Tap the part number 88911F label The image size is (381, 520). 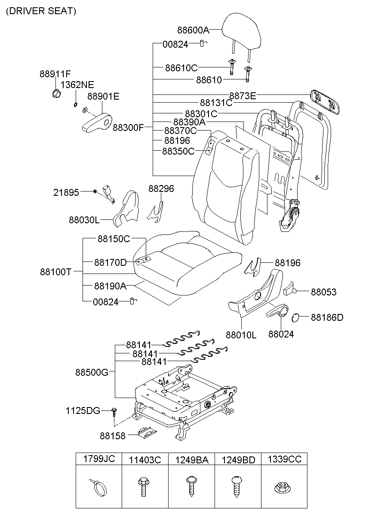coord(55,74)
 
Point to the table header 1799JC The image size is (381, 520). coord(98,459)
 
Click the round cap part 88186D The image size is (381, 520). coord(296,318)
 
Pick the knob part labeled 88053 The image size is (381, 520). coord(290,289)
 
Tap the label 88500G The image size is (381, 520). coord(92,372)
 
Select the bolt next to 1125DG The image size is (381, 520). coord(114,412)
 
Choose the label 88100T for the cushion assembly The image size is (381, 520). coord(55,272)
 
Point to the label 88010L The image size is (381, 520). coord(241,335)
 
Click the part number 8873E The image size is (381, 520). coord(242,96)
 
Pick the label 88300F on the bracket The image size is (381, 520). coord(128,128)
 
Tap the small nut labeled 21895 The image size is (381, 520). coord(94,191)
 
